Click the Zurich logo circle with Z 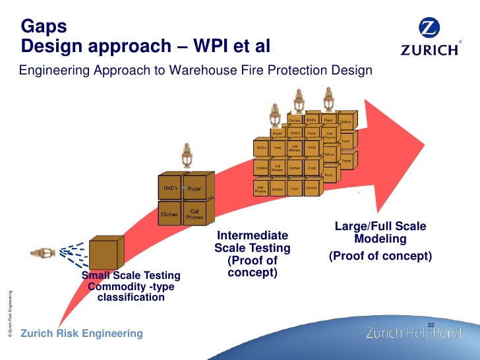(x=430, y=30)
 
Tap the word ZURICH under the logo (x=430, y=50)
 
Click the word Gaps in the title (x=44, y=26)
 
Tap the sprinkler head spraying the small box (x=45, y=253)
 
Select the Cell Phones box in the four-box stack (x=195, y=214)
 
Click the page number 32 (x=432, y=324)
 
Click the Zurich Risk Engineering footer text (x=82, y=334)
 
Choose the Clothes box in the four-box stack (x=169, y=214)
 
